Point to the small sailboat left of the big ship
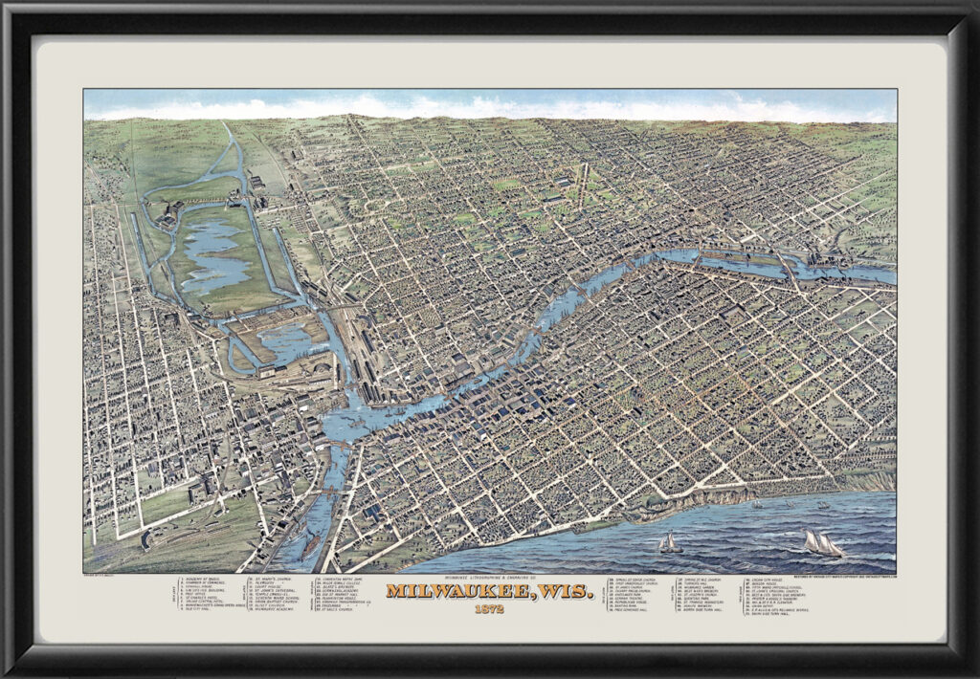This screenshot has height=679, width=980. [x=670, y=543]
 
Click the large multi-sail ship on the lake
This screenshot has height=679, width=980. [x=822, y=544]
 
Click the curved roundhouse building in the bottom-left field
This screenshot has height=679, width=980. [x=145, y=540]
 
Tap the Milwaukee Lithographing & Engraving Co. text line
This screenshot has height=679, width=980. [x=490, y=577]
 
